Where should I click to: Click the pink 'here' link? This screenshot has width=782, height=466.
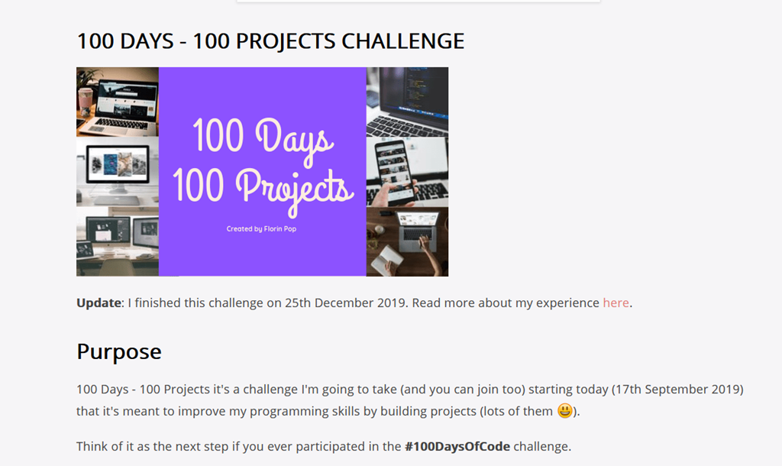[616, 303]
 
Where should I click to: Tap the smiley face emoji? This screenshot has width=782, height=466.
[565, 411]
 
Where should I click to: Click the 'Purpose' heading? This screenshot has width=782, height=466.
[119, 351]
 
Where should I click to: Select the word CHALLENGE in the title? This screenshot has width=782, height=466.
[403, 41]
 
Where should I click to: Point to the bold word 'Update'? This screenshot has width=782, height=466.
[99, 303]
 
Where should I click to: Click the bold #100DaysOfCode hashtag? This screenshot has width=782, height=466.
[457, 446]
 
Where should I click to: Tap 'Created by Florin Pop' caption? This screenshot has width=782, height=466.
[261, 229]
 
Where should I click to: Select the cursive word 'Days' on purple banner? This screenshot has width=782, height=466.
[294, 140]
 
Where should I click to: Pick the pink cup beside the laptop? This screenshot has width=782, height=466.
[86, 101]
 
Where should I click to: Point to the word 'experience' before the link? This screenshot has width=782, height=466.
[567, 303]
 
